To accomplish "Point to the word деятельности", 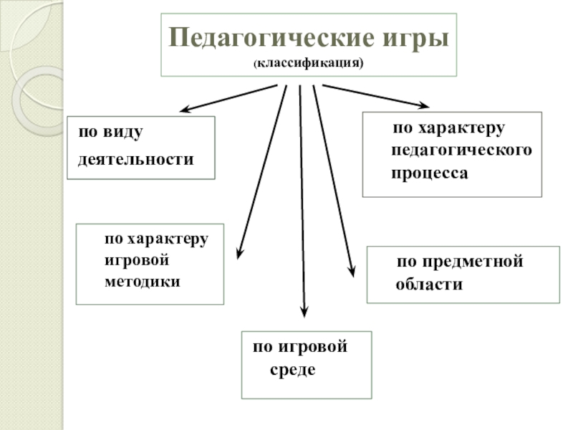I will [136, 159].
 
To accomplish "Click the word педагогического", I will [462, 150].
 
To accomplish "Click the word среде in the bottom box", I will [293, 371].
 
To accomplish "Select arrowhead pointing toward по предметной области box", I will [351, 271].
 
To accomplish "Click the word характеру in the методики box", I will [168, 237].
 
